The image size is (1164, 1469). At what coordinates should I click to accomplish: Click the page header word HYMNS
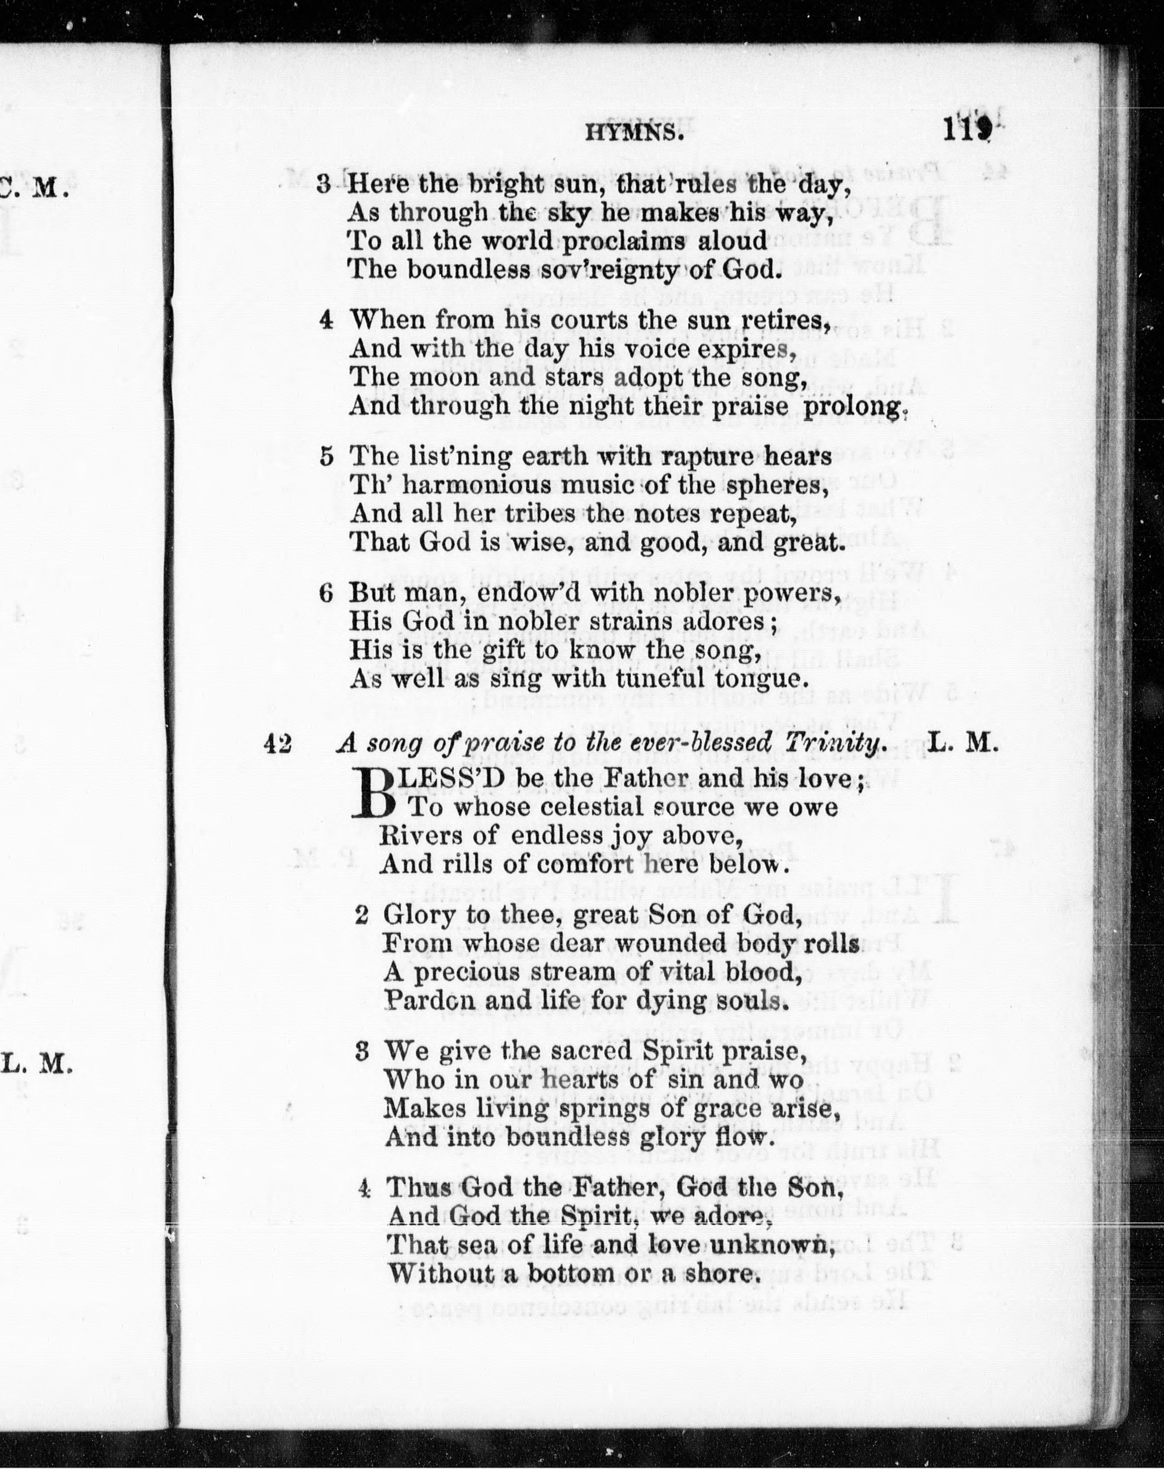[x=634, y=134]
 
